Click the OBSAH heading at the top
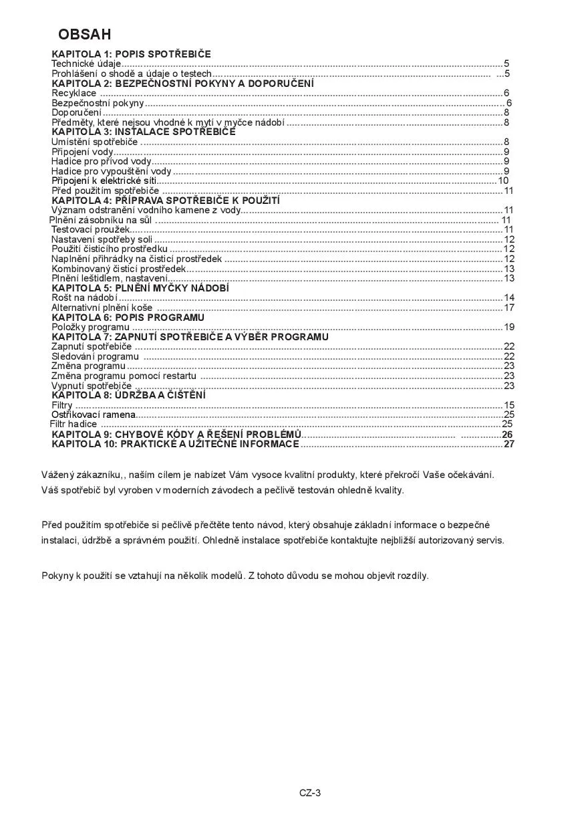[84, 34]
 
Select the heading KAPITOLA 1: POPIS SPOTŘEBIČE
[132, 53]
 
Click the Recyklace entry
[74, 93]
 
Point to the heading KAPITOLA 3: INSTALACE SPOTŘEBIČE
[144, 132]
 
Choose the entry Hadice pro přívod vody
[102, 161]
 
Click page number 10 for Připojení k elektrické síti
[503, 181]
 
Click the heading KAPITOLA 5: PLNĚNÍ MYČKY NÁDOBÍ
[140, 288]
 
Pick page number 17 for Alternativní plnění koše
[508, 308]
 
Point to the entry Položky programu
[90, 327]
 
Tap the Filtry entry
[62, 405]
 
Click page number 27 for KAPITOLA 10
[508, 444]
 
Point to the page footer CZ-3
[310, 794]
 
